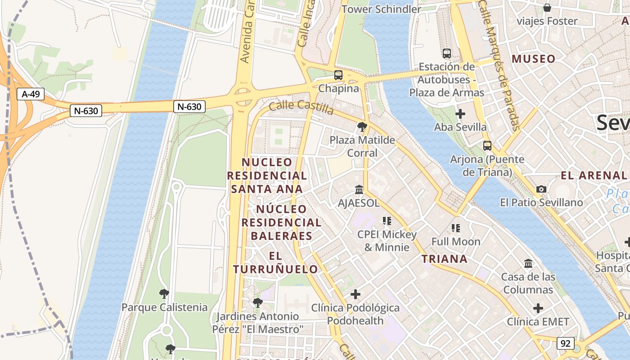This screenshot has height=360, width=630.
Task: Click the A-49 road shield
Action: click(31, 94)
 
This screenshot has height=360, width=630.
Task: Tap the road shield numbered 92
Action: click(565, 343)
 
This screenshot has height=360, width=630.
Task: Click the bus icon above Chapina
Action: click(338, 75)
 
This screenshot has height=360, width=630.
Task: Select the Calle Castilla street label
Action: click(301, 108)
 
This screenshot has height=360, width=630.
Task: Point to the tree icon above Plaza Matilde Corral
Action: click(362, 127)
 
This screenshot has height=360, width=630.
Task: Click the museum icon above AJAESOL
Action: click(359, 189)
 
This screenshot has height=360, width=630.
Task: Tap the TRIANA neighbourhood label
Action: click(444, 259)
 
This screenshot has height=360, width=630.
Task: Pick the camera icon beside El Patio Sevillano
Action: click(541, 189)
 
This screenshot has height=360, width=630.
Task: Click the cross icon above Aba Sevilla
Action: click(460, 114)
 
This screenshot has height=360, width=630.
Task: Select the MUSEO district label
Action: click(533, 59)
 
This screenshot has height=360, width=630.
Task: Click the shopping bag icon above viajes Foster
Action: click(547, 8)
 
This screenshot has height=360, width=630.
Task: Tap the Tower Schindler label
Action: click(381, 9)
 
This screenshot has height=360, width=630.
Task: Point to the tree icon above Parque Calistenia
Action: click(164, 294)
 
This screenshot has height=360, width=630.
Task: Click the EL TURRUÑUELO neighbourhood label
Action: click(275, 263)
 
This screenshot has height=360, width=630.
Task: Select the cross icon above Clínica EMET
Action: click(538, 308)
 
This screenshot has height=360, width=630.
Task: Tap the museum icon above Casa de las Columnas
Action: click(528, 263)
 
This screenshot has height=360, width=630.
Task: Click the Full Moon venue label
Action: click(456, 242)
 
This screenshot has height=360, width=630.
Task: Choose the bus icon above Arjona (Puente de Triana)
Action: click(487, 146)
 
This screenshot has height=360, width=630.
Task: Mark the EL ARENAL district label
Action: click(594, 175)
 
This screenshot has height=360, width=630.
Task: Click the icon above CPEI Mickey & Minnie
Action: click(387, 221)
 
